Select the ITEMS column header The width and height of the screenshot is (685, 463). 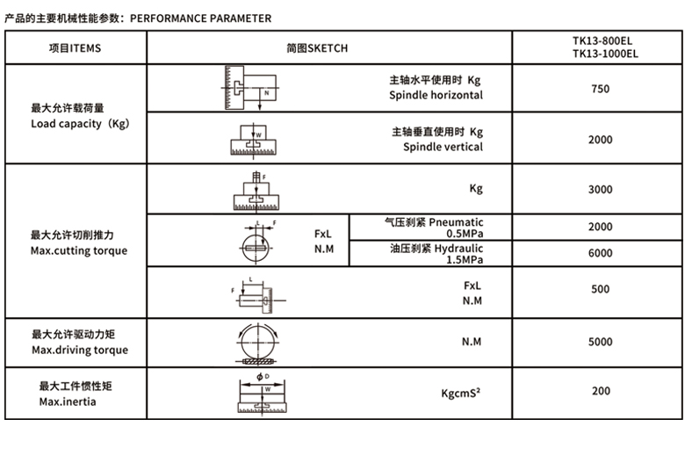75,48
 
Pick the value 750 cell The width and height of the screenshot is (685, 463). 601,89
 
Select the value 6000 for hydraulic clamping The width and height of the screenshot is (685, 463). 601,253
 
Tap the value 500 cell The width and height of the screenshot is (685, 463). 601,289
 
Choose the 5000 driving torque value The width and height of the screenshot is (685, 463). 601,341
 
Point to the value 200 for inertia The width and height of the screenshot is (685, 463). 601,390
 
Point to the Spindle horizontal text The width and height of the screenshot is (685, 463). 436,95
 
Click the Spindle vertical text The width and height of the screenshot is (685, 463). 443,147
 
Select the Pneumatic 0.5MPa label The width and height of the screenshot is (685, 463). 434,228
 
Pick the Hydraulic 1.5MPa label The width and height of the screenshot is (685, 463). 436,254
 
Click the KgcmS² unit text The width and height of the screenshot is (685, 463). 460,393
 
